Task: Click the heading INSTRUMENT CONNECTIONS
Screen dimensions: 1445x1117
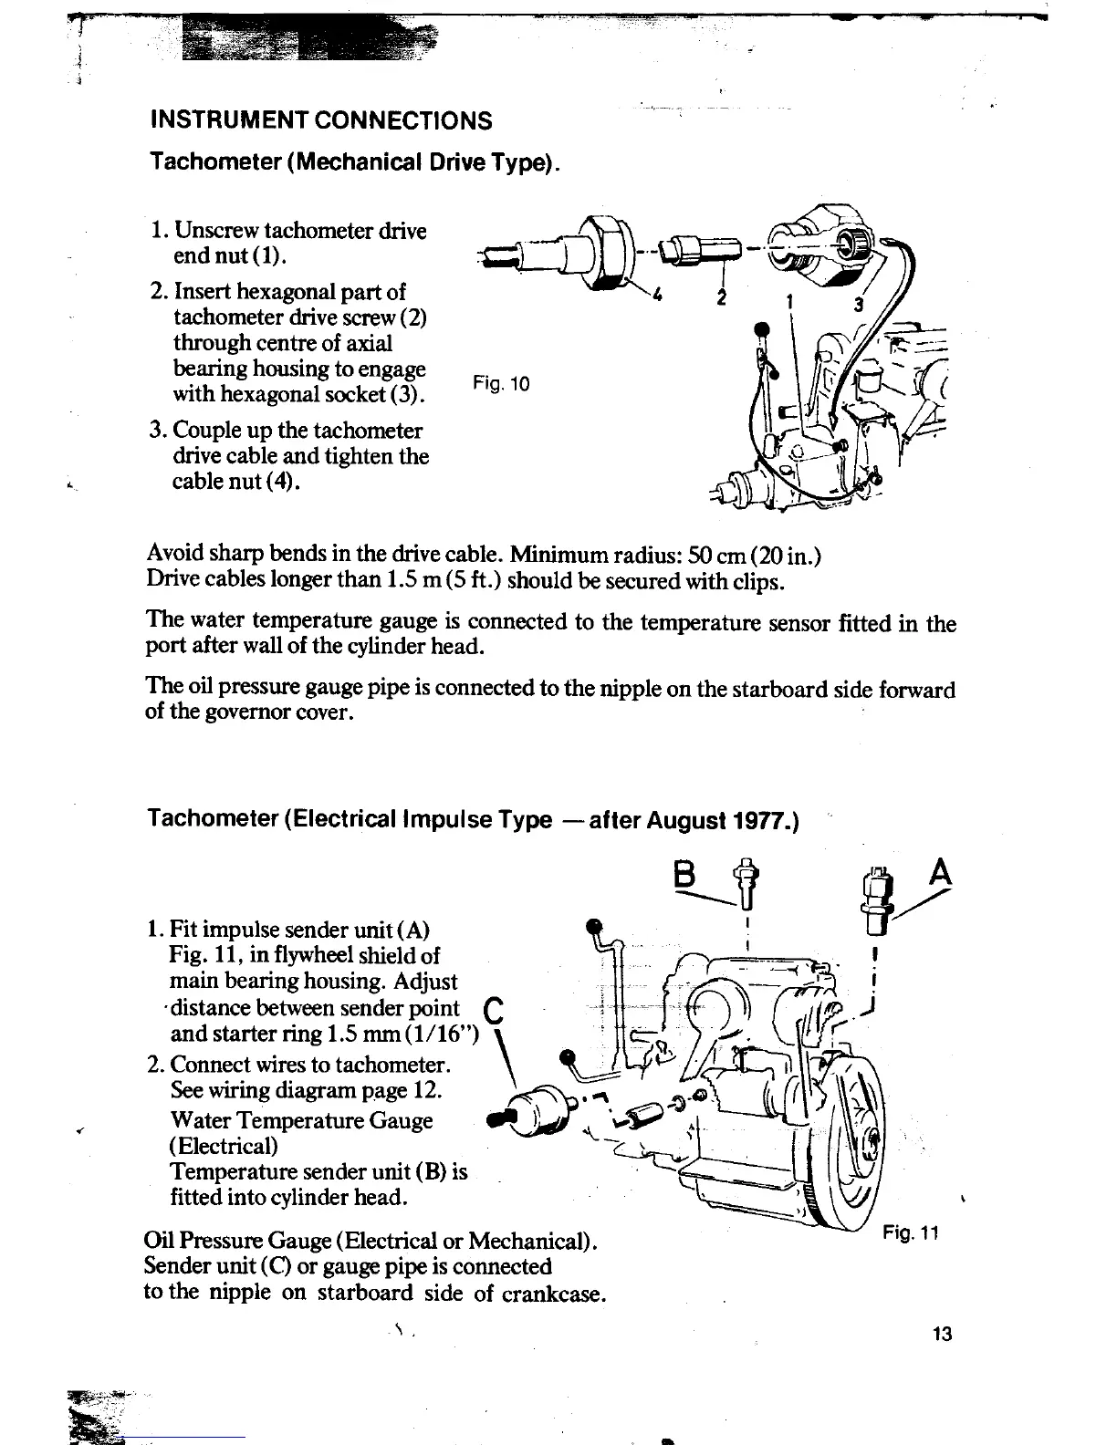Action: pyautogui.click(x=320, y=120)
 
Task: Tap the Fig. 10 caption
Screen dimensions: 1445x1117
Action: pyautogui.click(x=501, y=384)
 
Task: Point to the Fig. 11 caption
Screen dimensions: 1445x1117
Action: pyautogui.click(x=910, y=1233)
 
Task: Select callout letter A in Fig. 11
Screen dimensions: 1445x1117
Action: pyautogui.click(x=940, y=875)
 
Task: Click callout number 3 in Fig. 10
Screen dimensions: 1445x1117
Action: pyautogui.click(x=857, y=306)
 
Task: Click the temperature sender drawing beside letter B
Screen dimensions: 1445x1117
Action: pyautogui.click(x=746, y=883)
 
